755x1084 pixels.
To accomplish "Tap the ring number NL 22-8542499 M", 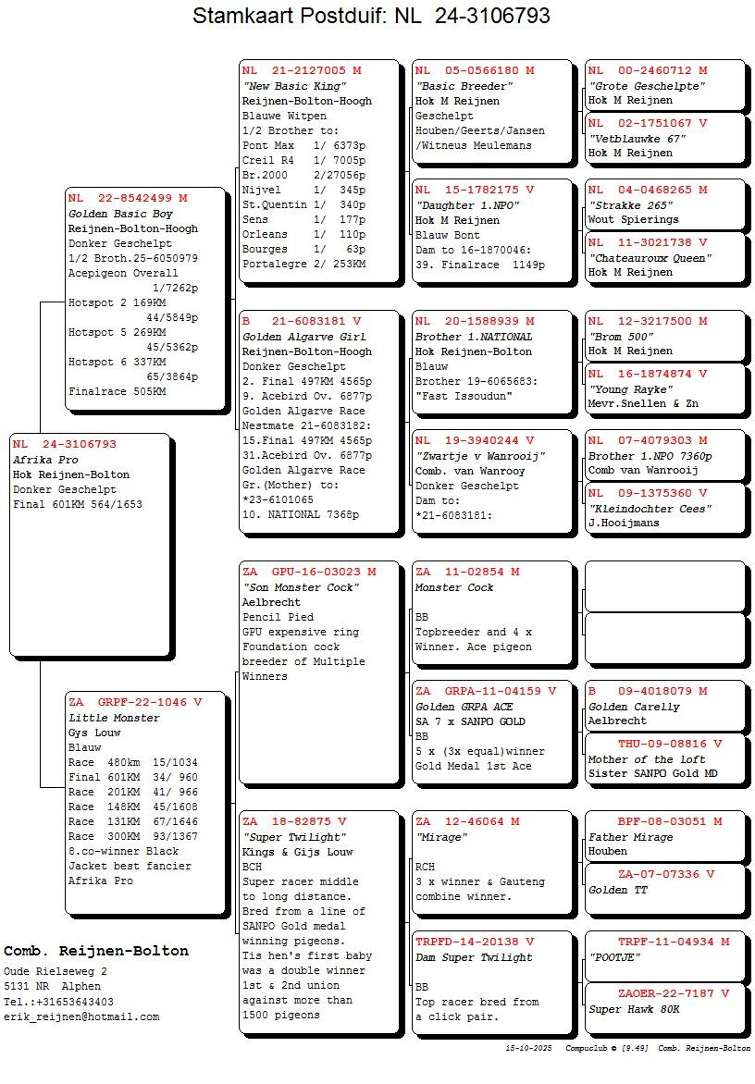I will click(x=128, y=198).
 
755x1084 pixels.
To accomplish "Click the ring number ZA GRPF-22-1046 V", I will click(x=135, y=702).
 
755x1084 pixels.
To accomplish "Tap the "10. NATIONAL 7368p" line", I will click(x=301, y=514).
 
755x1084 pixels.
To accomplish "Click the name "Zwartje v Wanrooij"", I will click(x=480, y=456).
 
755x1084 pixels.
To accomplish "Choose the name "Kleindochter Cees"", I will click(x=650, y=509).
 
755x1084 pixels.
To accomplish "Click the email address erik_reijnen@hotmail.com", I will click(x=81, y=1016).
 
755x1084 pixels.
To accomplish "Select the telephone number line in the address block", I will click(x=58, y=1002).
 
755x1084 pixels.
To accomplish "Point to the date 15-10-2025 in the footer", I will click(x=528, y=1049).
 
